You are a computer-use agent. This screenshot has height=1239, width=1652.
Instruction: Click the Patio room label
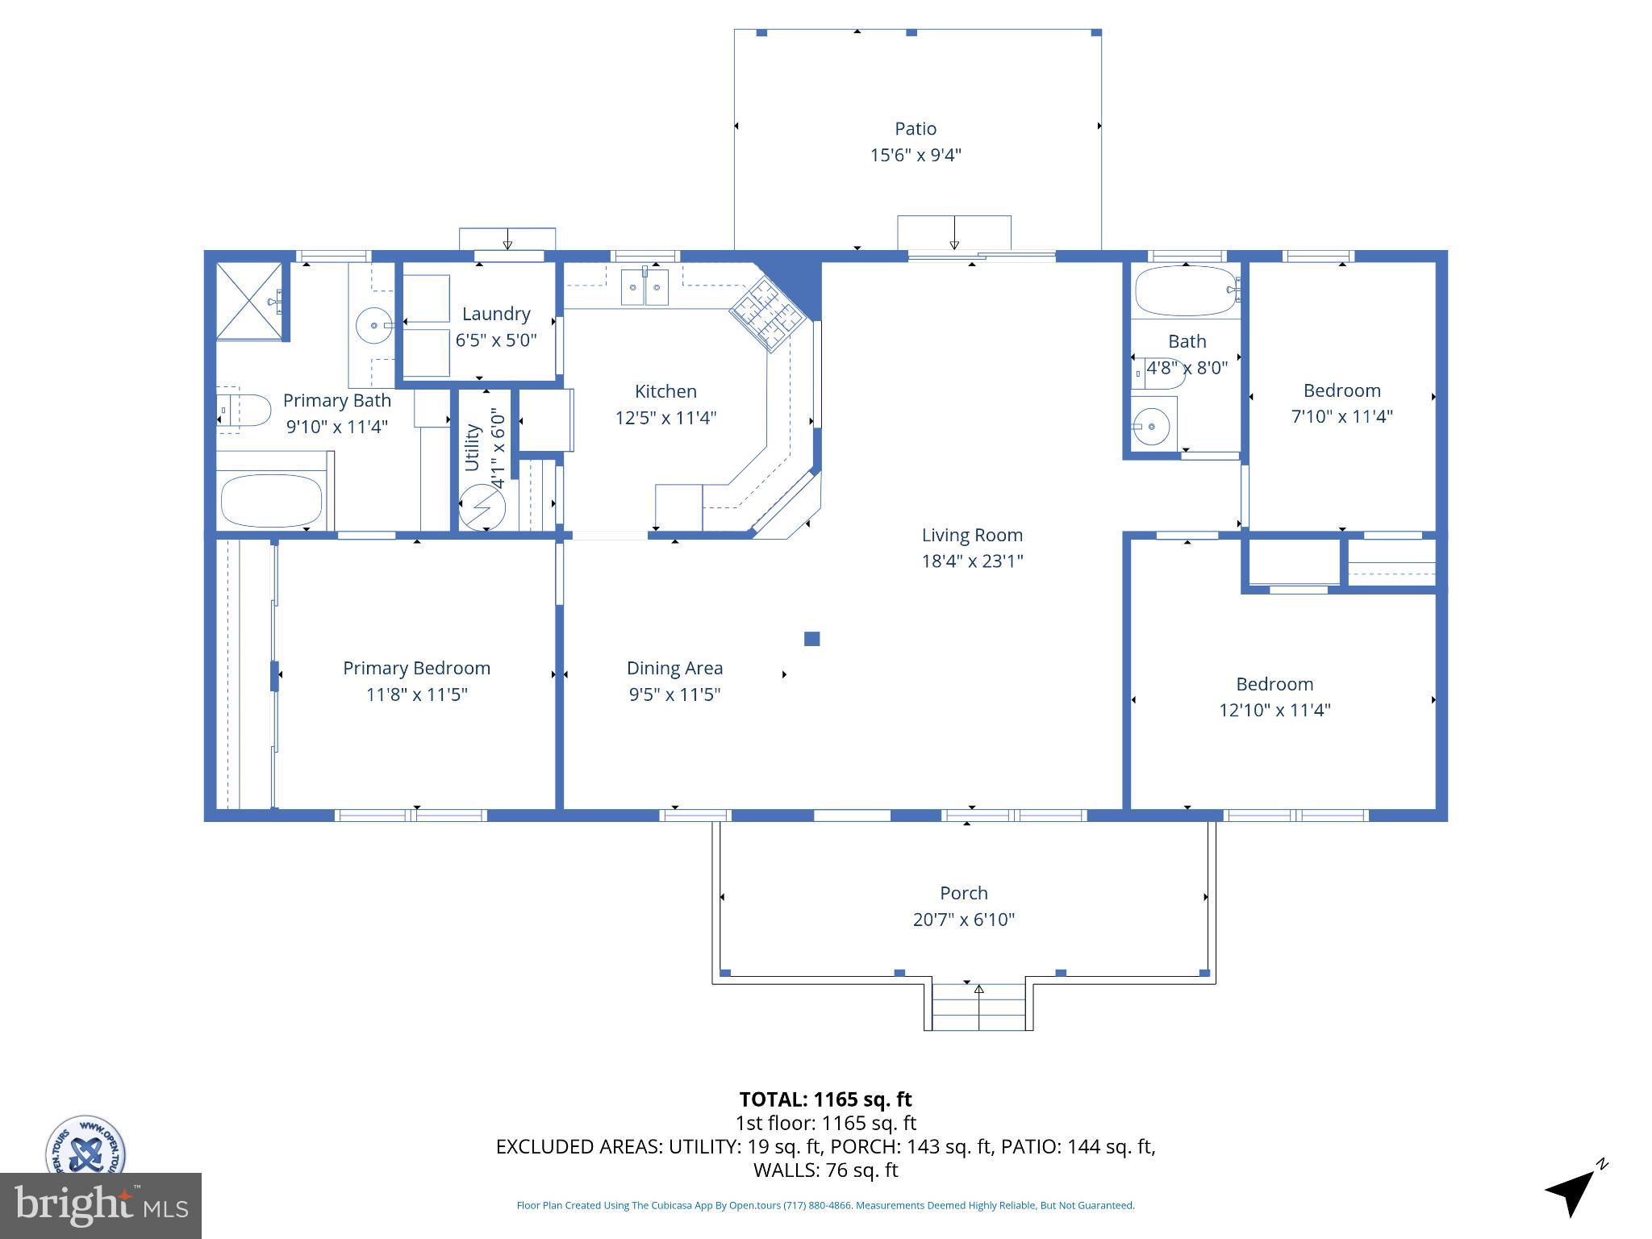tap(915, 129)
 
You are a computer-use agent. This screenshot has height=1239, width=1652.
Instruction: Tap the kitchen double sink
tap(644, 288)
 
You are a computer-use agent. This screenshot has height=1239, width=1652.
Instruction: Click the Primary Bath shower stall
tap(250, 300)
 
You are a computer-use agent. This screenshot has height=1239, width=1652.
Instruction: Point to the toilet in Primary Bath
tap(244, 411)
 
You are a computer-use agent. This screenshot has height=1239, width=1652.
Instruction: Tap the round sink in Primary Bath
tap(374, 326)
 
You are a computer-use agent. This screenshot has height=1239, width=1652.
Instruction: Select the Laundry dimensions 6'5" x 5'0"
tap(495, 340)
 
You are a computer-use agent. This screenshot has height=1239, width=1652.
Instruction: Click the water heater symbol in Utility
tap(482, 507)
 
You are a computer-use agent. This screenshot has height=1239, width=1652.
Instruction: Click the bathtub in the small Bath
tap(1184, 291)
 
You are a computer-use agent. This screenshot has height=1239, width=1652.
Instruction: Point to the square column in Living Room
tap(812, 639)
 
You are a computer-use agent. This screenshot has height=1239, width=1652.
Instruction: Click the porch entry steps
tap(978, 1006)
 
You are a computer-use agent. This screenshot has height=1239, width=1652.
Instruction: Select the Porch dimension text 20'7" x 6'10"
tap(963, 920)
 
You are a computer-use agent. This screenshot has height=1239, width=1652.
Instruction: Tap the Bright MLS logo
tap(100, 1205)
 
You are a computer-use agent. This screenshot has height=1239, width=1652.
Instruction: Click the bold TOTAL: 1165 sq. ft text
tap(825, 1099)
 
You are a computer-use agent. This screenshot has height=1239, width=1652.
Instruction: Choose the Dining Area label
tap(674, 668)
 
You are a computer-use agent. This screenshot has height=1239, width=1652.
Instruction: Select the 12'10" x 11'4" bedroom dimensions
tap(1274, 710)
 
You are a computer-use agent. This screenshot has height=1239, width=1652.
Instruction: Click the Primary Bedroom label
tap(416, 668)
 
